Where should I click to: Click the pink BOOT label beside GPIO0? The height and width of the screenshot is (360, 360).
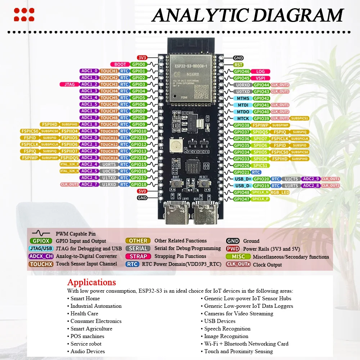[120, 64]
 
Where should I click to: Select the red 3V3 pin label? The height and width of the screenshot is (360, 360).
[141, 58]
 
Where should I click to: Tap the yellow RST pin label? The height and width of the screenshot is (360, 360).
[238, 65]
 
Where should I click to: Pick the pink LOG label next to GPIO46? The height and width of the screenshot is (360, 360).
[260, 72]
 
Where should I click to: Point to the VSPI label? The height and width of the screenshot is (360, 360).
[260, 78]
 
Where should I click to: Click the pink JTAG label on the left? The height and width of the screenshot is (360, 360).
[69, 85]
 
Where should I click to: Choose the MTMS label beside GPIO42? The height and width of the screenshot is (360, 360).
[242, 98]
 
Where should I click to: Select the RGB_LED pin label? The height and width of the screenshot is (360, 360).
[280, 192]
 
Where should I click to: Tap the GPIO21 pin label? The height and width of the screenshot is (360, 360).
[242, 172]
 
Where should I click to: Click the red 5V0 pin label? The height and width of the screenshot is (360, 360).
[142, 191]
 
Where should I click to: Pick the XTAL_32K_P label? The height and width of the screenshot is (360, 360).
[69, 165]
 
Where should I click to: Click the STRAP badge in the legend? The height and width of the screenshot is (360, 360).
[138, 256]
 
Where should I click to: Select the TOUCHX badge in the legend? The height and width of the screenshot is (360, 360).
[41, 264]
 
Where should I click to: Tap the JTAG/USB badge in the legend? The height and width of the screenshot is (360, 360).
[41, 248]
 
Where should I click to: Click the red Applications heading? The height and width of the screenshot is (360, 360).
[91, 282]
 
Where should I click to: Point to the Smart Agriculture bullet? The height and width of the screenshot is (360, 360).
[91, 329]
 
